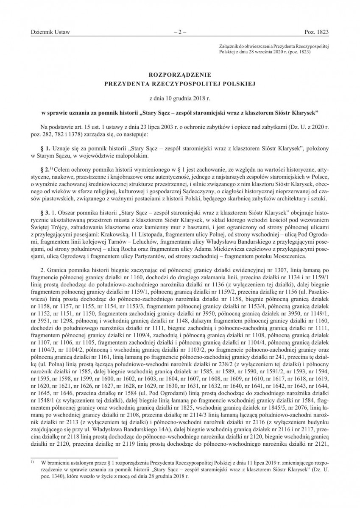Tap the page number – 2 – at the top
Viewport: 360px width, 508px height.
[180, 32]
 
